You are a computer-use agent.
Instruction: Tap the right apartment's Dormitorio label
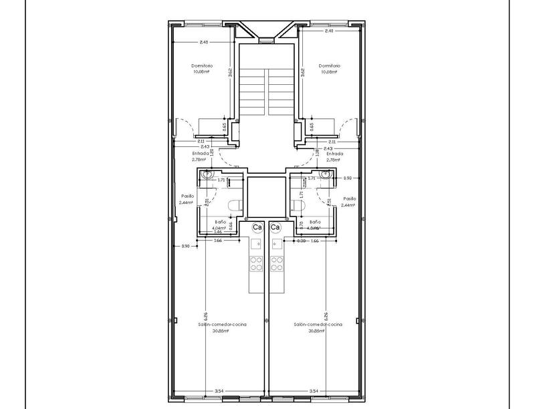330,65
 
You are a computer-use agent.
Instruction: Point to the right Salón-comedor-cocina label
318,324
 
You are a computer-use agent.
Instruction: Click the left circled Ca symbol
257,227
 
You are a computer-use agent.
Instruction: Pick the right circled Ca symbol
276,227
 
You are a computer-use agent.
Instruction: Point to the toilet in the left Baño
233,205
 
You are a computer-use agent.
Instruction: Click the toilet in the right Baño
299,205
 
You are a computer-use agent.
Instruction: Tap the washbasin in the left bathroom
207,175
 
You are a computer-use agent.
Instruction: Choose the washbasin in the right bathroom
326,175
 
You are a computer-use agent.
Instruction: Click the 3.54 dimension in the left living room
219,390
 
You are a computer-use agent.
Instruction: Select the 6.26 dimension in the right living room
325,315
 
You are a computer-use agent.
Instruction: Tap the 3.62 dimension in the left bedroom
229,73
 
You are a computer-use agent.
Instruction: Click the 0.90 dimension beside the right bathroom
347,178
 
